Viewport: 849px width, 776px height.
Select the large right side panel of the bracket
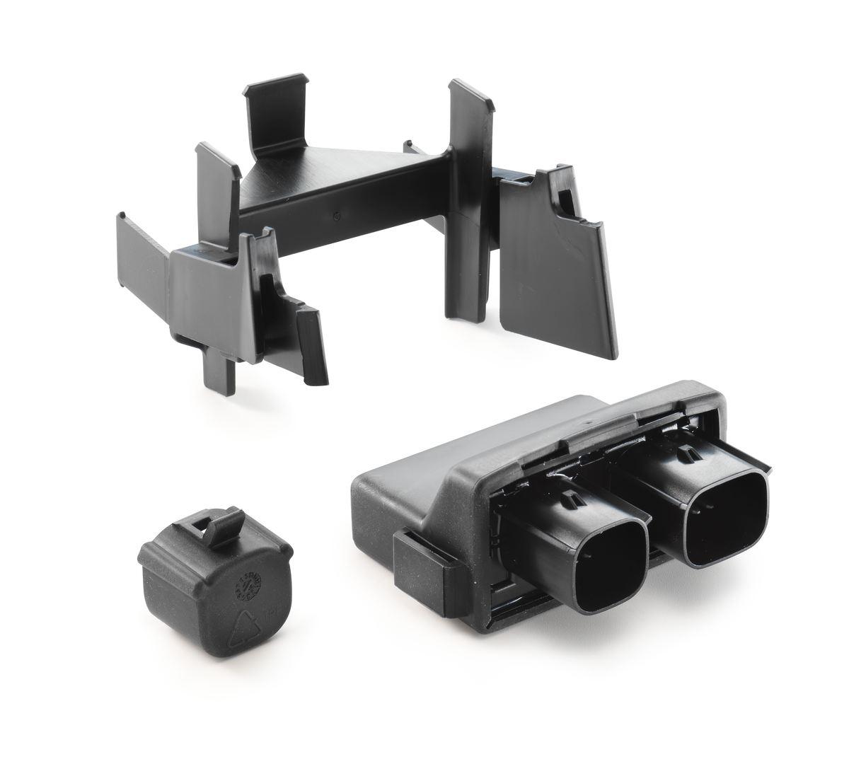tap(552, 269)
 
